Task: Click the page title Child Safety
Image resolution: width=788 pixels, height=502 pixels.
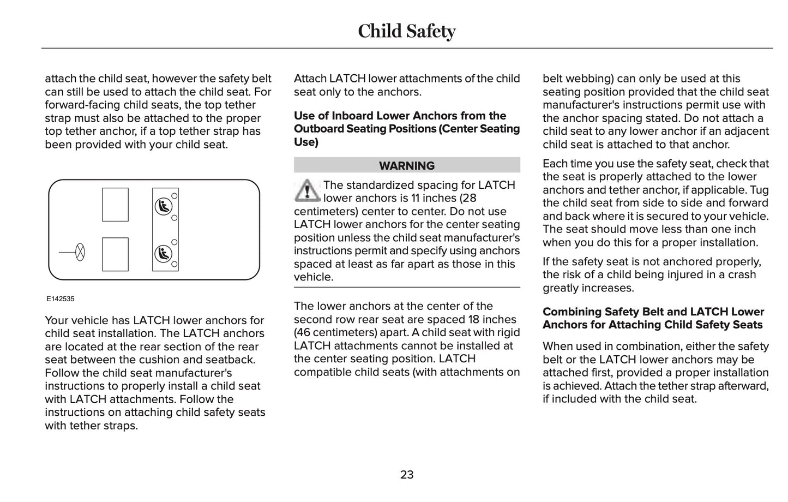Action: [x=406, y=31]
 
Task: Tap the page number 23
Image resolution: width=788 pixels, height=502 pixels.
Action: [x=407, y=475]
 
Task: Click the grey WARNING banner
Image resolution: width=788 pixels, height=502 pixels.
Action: [x=407, y=165]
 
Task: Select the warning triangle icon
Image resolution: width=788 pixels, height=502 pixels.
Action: [x=307, y=190]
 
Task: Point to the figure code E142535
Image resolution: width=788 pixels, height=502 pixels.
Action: [x=60, y=299]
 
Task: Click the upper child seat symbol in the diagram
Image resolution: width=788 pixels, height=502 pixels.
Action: [x=163, y=206]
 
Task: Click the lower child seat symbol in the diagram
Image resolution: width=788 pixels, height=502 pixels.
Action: [x=163, y=253]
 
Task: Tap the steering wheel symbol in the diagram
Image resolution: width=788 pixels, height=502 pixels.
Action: [x=80, y=252]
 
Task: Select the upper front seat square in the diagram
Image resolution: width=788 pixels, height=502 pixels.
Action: [x=115, y=205]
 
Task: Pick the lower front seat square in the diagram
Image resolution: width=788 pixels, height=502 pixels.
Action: [x=115, y=254]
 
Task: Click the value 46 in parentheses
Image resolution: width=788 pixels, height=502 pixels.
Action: [x=305, y=332]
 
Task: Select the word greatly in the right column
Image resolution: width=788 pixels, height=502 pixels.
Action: [x=562, y=288]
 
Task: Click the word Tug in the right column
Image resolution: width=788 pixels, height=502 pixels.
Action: [x=760, y=190]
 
